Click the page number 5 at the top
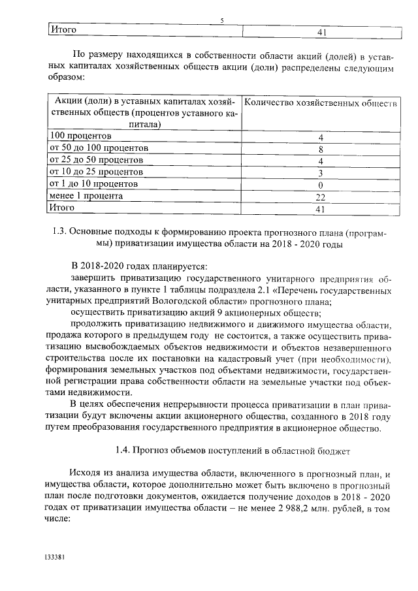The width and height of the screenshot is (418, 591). (x=222, y=21)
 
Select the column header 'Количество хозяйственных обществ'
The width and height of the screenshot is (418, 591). (x=321, y=103)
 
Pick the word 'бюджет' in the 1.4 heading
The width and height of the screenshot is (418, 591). (x=334, y=450)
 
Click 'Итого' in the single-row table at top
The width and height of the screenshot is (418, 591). (x=64, y=30)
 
